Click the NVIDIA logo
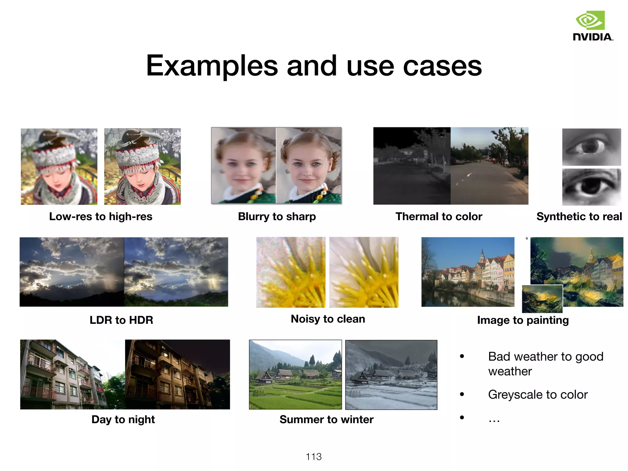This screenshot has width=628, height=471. [593, 26]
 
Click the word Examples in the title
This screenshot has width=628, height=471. [212, 66]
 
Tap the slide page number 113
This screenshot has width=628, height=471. [314, 457]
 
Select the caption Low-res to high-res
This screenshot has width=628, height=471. [101, 216]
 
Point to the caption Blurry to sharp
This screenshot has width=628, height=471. [277, 216]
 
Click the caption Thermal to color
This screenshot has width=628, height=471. [439, 216]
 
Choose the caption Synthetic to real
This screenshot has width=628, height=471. [579, 216]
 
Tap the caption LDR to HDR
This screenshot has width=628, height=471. [121, 320]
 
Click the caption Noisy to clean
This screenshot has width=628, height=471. [328, 319]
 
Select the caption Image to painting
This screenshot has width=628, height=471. [523, 320]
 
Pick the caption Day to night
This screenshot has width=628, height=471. [123, 419]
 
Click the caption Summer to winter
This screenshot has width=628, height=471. [326, 419]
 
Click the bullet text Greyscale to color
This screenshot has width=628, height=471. [538, 394]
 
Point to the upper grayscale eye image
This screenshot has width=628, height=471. [592, 147]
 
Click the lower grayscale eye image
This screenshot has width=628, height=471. [592, 187]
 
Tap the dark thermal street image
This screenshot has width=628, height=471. [412, 166]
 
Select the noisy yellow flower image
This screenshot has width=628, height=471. [291, 272]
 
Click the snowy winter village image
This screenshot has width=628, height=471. [391, 375]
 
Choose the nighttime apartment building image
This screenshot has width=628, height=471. [177, 374]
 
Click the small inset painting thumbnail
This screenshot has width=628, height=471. [542, 299]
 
